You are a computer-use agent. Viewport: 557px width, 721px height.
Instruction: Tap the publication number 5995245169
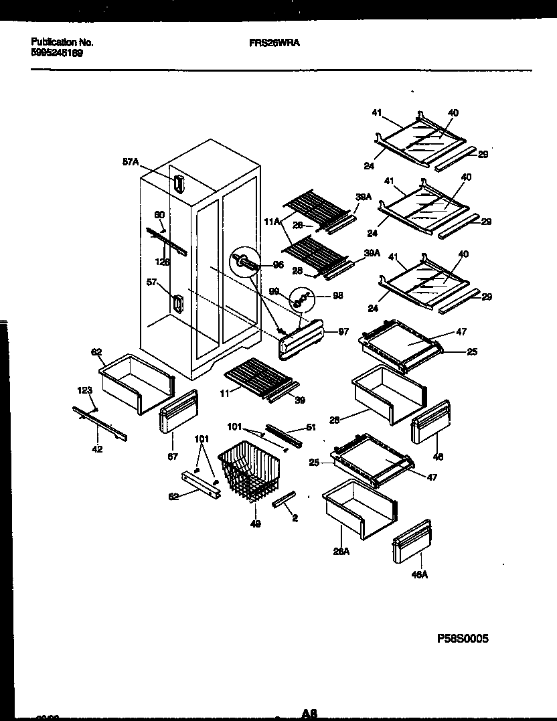tap(57, 52)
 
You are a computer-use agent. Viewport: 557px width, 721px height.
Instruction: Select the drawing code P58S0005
tap(463, 639)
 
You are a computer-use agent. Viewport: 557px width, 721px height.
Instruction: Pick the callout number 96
tap(278, 265)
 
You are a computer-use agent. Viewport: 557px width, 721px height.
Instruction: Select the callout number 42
tap(98, 449)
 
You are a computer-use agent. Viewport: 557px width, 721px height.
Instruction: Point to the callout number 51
tap(311, 426)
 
